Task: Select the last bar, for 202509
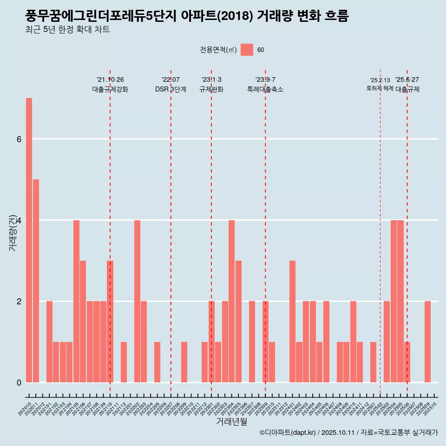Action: point(427,341)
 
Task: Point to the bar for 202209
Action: point(184,362)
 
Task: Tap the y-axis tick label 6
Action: point(19,139)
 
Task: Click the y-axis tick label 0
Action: point(19,382)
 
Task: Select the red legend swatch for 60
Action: point(247,50)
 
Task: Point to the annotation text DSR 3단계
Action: point(171,89)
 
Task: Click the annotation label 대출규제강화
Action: point(110,89)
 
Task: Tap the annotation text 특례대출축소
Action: point(265,89)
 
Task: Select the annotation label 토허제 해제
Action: point(380,88)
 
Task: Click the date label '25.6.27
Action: point(407,79)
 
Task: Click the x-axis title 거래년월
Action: point(231,421)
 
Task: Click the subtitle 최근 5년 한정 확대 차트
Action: point(68,30)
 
